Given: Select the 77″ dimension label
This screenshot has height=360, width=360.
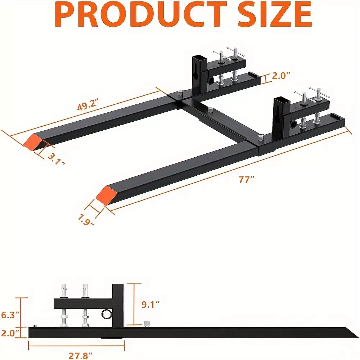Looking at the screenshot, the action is tap(246, 179).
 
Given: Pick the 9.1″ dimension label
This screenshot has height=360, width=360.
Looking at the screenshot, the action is tap(150, 305).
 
